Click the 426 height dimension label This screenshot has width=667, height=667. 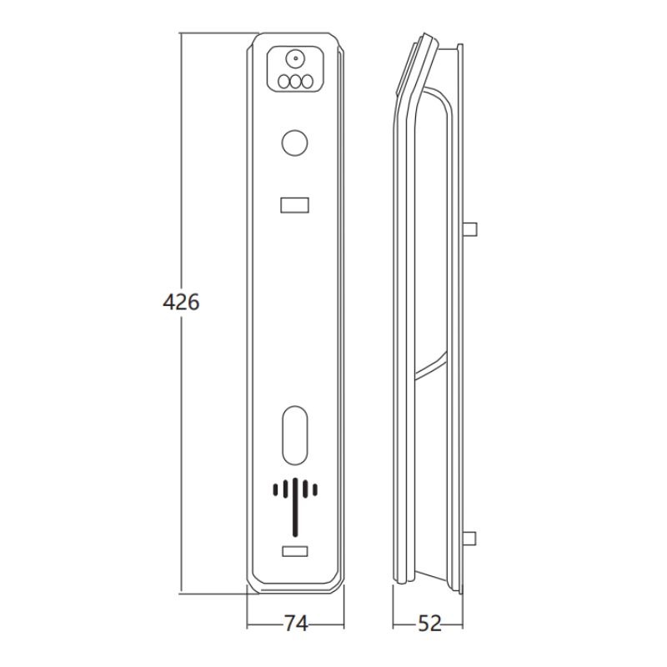click(181, 303)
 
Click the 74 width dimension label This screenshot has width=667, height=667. click(296, 624)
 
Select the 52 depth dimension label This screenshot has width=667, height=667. click(429, 624)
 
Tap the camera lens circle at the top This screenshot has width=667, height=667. click(295, 59)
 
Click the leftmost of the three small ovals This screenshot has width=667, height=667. click(283, 81)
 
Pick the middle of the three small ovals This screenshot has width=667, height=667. click(295, 81)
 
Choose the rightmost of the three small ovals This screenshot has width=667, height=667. click(307, 81)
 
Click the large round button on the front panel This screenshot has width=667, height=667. click(295, 143)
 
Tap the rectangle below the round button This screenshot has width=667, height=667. click(295, 205)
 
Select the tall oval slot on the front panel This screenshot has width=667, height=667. click(295, 435)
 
